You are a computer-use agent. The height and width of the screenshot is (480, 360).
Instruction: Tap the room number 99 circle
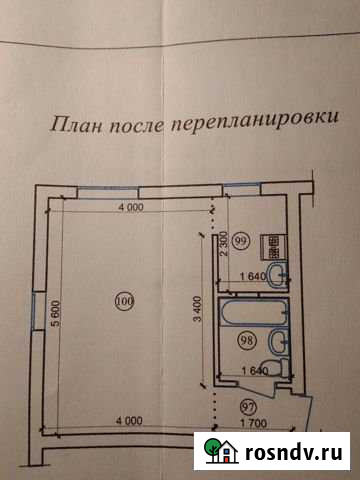click(x=241, y=240)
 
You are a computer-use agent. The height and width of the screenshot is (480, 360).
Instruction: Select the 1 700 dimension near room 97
click(x=256, y=422)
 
